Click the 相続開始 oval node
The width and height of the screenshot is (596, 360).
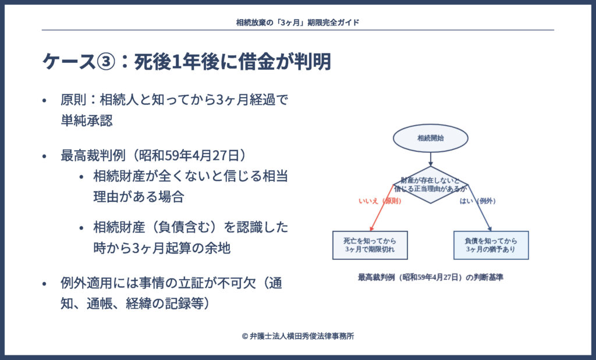[430, 138]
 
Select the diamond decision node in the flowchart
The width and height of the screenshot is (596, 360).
[430, 185]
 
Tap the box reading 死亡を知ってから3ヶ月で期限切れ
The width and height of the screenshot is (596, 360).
[370, 245]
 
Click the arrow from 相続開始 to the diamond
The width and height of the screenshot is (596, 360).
[430, 159]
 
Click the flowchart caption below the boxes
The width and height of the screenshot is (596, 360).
[430, 277]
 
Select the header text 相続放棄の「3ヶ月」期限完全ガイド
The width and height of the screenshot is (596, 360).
[297, 22]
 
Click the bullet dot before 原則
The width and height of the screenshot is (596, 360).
[44, 100]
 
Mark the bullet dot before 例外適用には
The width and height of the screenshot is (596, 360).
[44, 284]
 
